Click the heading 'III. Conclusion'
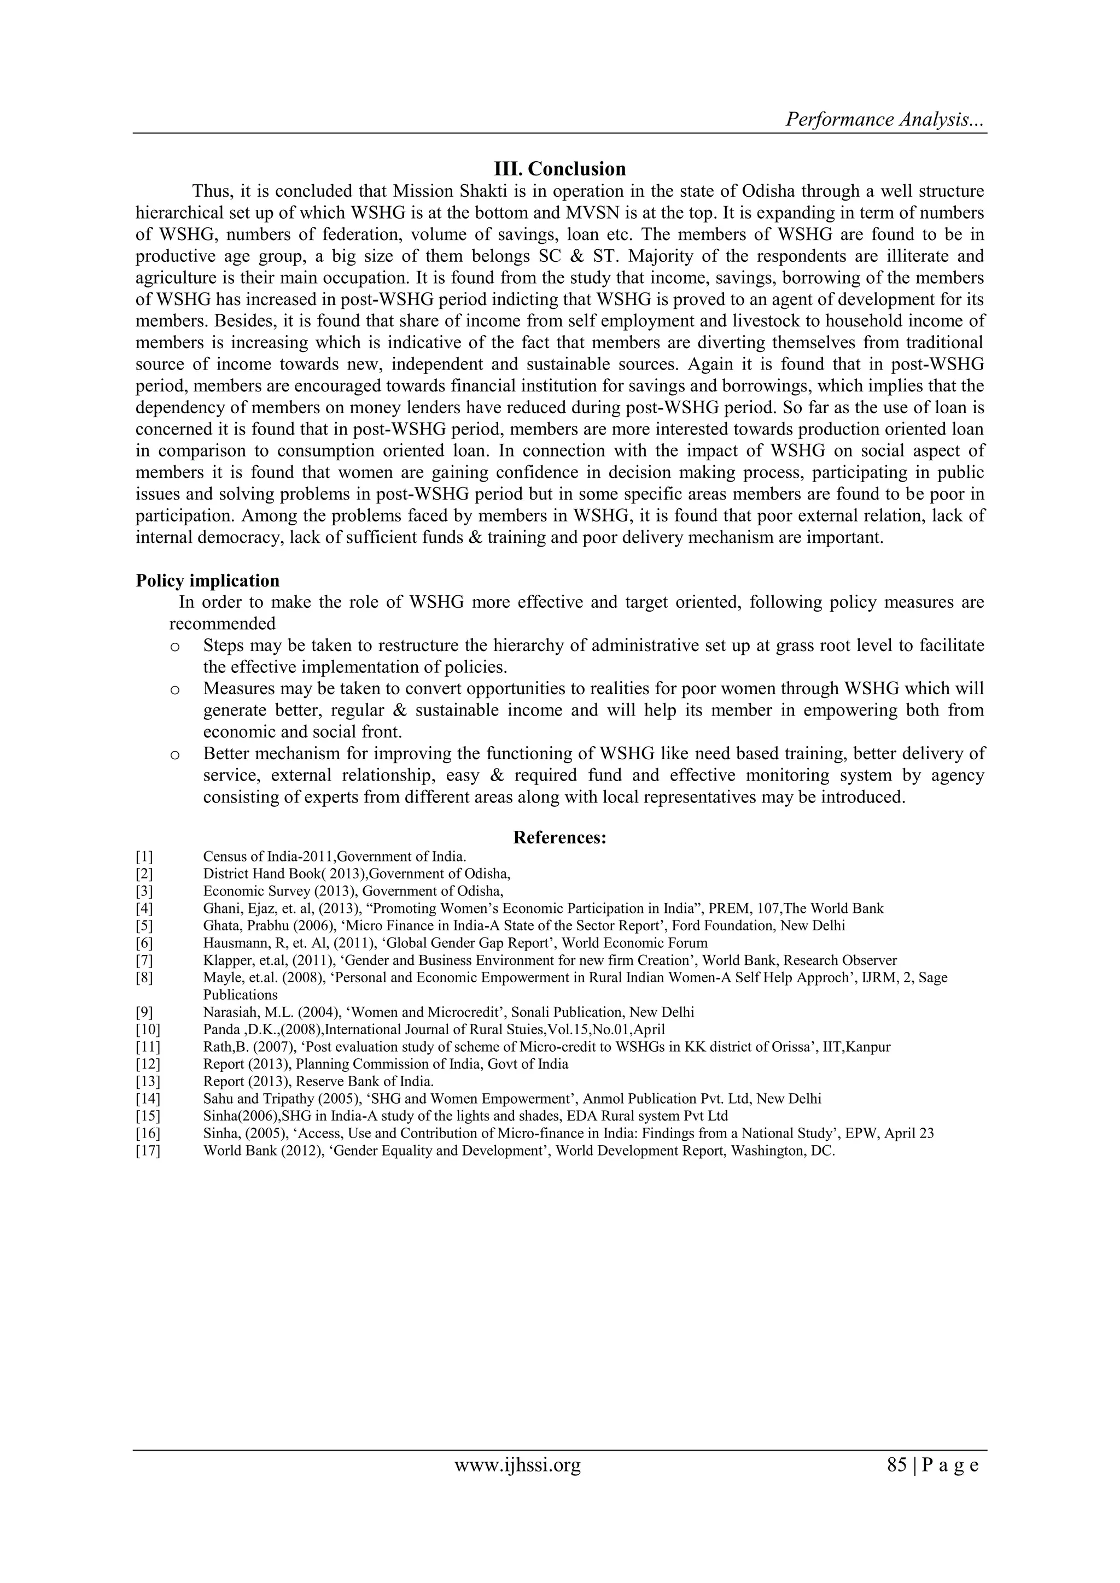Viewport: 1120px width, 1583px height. [560, 169]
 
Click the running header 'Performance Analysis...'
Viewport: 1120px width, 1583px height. [885, 119]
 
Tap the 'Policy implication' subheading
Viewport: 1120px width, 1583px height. [208, 581]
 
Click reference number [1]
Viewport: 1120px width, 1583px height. [144, 857]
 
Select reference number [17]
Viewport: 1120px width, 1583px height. [148, 1151]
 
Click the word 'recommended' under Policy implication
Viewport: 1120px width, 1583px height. [222, 624]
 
